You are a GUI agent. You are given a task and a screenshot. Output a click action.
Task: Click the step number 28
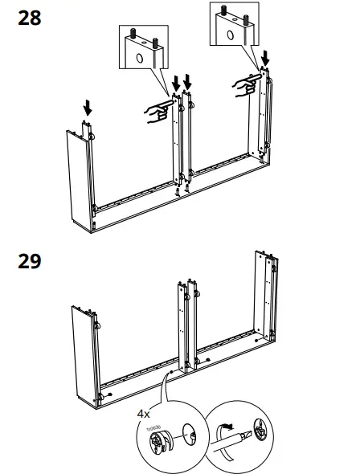pos(29,18)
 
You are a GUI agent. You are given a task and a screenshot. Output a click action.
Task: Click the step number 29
pos(29,261)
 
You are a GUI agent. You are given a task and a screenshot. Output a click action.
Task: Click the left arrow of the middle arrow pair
pos(176,83)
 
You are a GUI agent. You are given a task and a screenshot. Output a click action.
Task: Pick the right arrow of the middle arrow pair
pos(188,82)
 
